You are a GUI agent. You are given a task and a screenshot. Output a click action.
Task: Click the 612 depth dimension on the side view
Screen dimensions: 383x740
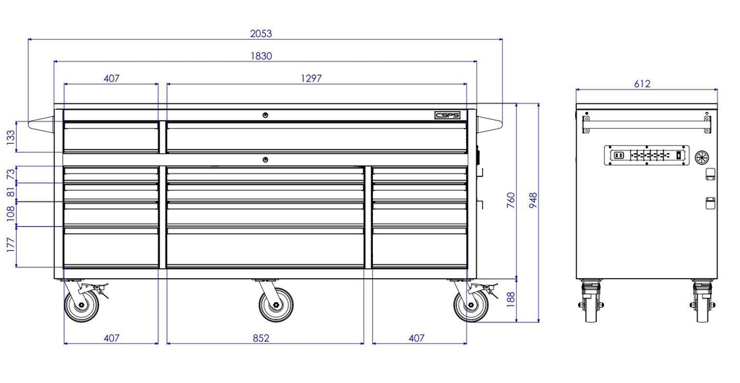642,84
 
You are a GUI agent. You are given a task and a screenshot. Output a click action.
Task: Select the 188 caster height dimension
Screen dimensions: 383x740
512,299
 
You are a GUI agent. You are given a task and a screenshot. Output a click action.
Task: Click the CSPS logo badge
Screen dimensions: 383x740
447,115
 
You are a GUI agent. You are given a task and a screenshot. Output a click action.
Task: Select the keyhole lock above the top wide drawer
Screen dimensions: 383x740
265,116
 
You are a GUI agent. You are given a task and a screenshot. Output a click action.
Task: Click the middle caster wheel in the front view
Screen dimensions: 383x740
275,304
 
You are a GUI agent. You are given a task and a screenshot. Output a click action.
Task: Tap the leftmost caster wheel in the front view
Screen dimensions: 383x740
81,304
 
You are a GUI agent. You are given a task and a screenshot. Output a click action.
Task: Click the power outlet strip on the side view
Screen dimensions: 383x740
646,155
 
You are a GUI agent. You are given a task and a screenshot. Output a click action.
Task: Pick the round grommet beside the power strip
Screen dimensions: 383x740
700,156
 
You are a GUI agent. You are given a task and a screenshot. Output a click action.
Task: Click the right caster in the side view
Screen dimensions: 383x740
702,301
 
